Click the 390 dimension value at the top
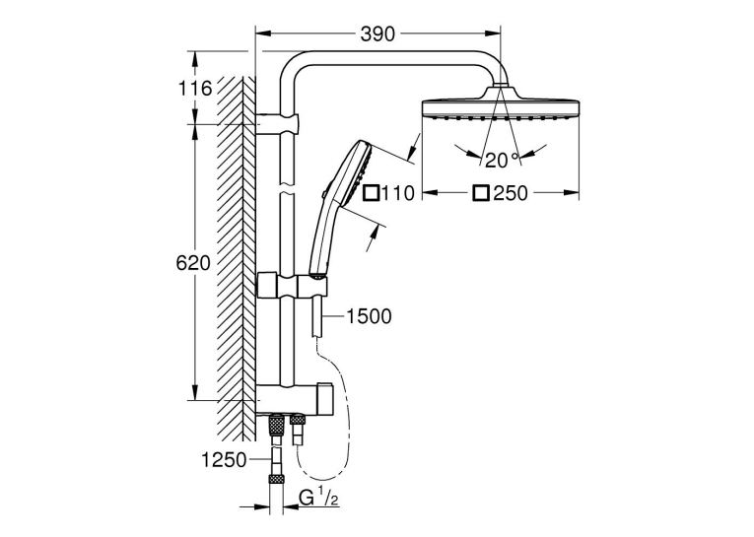[x=377, y=34]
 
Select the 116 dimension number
[x=195, y=89]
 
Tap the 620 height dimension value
[x=193, y=263]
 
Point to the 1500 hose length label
[x=370, y=316]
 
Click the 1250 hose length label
[x=224, y=460]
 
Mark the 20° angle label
[x=502, y=160]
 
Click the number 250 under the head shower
[x=511, y=193]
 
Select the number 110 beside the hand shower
[x=397, y=193]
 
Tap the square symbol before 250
[x=481, y=193]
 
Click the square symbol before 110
[x=372, y=193]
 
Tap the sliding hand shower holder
[x=294, y=288]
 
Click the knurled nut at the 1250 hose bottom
[x=276, y=479]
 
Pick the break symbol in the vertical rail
[x=288, y=188]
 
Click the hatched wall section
[x=237, y=258]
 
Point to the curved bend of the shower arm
[x=292, y=66]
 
